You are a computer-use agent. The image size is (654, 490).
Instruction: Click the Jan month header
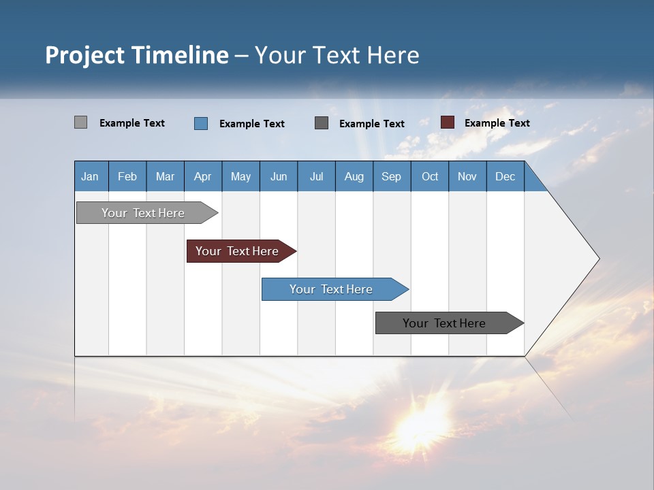coord(91,176)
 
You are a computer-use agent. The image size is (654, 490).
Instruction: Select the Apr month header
coord(202,176)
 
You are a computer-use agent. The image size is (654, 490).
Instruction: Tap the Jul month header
coord(316,176)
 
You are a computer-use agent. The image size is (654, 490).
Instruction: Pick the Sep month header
coord(391,176)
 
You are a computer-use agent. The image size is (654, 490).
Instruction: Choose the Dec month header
coord(505,176)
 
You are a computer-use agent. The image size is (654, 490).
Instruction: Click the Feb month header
coord(127,176)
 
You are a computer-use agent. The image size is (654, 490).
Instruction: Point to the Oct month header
coord(430,176)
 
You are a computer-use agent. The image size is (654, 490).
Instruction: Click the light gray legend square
coord(80,122)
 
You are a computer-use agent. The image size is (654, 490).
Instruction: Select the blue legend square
coord(201,123)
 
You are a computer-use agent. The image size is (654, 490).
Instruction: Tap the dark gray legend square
coord(322,123)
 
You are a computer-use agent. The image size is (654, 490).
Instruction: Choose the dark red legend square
coord(448,122)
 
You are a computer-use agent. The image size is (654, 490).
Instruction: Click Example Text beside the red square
coord(497,123)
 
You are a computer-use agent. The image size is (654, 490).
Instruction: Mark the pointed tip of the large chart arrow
coord(598,259)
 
